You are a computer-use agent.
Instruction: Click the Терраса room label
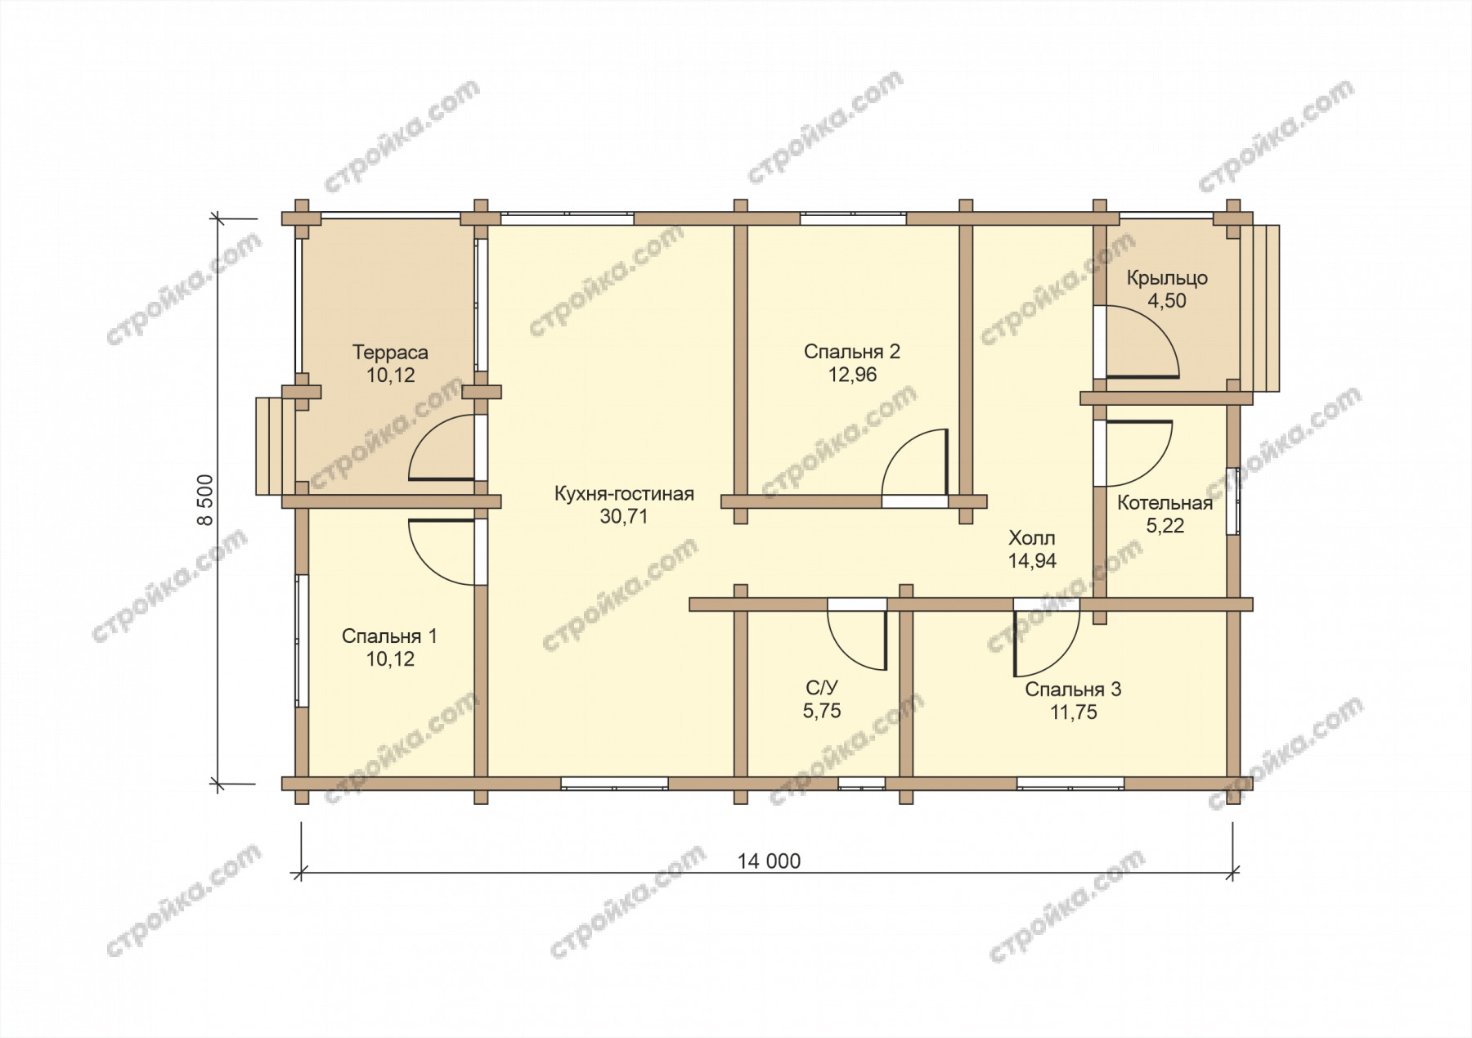click(390, 353)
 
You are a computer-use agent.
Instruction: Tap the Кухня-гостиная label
click(624, 494)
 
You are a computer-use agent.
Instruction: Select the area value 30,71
click(624, 517)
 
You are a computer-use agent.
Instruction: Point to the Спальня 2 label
click(852, 352)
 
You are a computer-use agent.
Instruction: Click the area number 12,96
click(852, 375)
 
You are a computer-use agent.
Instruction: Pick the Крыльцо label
click(1167, 278)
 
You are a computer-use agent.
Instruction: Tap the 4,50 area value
click(1167, 301)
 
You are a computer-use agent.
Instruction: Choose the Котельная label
click(1165, 503)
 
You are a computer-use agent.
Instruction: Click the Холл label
click(1032, 538)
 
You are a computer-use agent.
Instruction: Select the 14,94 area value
click(1032, 561)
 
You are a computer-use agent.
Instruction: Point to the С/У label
click(822, 689)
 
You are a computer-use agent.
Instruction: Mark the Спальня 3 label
click(1073, 690)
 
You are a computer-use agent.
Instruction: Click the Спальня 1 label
click(389, 636)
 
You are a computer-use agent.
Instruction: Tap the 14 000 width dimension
click(769, 861)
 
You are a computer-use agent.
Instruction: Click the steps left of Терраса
click(275, 446)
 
